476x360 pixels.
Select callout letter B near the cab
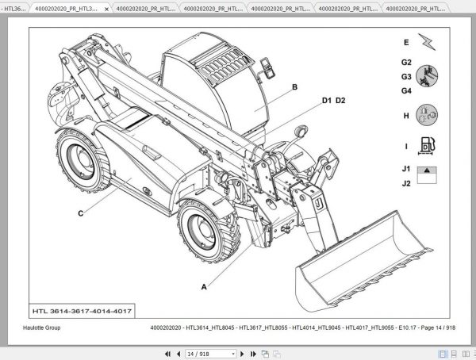point(294,88)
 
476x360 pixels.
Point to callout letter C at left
point(80,213)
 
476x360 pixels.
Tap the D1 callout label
point(326,101)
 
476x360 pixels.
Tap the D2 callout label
point(340,101)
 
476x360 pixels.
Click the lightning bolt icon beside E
point(427,42)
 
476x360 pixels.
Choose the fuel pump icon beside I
point(427,147)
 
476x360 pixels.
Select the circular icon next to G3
point(427,77)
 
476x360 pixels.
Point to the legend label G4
point(405,91)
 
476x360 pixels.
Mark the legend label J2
point(405,184)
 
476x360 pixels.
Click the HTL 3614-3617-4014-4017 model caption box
point(83,309)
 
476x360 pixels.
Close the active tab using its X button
point(106,8)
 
